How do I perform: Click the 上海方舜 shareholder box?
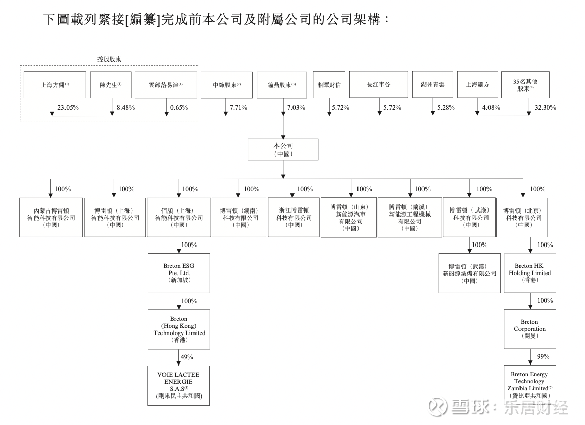55,84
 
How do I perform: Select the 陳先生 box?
111,84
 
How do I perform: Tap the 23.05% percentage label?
68,108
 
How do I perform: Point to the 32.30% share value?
545,108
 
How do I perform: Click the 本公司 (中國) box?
283,149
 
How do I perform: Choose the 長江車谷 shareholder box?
379,84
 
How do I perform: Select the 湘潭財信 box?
329,84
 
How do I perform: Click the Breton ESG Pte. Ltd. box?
179,273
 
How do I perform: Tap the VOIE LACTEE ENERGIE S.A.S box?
179,385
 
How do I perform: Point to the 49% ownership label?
188,357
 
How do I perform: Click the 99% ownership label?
543,357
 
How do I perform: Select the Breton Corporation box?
530,329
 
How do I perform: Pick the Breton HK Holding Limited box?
530,273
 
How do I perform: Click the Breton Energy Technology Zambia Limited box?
530,385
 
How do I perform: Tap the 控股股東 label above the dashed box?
109,59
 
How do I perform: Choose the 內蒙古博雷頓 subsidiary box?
51,218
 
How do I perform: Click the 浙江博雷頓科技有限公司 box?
294,218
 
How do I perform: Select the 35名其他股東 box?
527,84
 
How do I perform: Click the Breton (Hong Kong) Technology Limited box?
179,329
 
